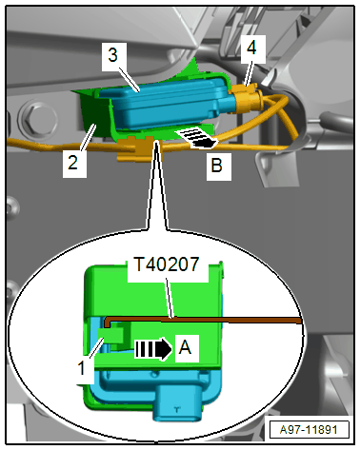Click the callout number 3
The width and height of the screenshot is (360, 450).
(x=113, y=55)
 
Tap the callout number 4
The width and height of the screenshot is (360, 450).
(x=251, y=48)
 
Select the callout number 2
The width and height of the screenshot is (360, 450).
(x=73, y=163)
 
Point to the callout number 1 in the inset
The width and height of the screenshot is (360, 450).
(x=82, y=368)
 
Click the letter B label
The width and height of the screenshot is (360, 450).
(x=217, y=166)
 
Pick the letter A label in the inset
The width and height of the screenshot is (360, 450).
(x=185, y=347)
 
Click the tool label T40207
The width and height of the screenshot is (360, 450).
(x=167, y=264)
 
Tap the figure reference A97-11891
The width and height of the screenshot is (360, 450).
(x=309, y=430)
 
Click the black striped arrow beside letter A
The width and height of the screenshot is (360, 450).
(x=153, y=349)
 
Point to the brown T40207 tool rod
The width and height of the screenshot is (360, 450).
(x=203, y=320)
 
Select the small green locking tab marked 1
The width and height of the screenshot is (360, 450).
(x=111, y=336)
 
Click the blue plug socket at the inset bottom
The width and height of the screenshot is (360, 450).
(x=177, y=403)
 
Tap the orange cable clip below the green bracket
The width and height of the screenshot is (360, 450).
(x=135, y=148)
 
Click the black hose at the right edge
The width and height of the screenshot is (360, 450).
(x=335, y=121)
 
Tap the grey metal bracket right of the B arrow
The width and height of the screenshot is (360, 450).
(x=279, y=165)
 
